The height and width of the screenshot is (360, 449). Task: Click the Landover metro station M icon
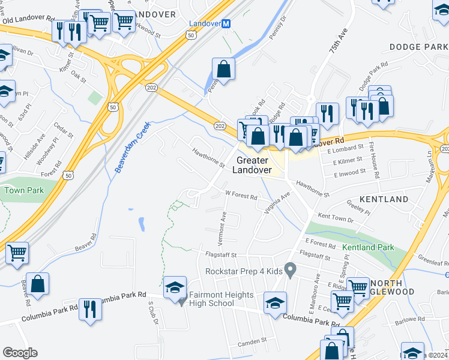pos(226,24)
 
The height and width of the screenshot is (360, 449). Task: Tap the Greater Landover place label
pos(252,165)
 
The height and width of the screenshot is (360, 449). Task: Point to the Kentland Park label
pos(368,247)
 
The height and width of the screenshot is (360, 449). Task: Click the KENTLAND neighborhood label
pos(384,199)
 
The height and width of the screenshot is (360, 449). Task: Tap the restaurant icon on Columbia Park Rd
pos(90,309)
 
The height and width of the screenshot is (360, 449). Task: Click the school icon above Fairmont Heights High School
pos(175,287)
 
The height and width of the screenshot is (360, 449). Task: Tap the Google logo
pos(20,353)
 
